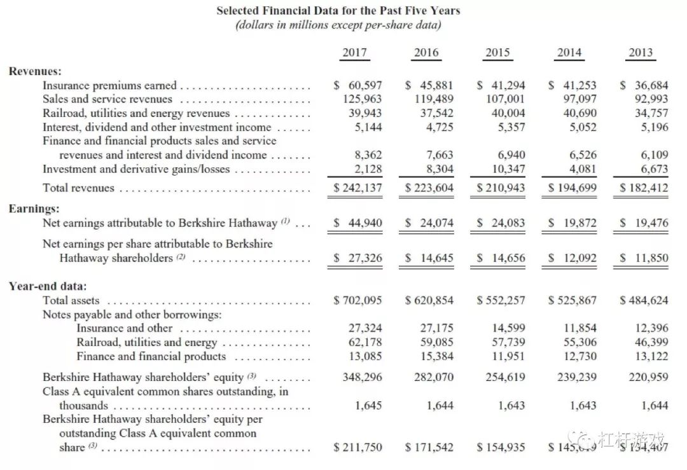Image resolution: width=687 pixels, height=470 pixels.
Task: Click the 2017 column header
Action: (x=354, y=53)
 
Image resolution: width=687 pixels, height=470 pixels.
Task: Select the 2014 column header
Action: (x=569, y=53)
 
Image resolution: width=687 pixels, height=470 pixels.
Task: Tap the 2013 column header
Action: (x=641, y=53)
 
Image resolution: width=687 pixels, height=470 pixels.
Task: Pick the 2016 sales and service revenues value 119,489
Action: (x=430, y=99)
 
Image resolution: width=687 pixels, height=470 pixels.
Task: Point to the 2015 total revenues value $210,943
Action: (x=501, y=188)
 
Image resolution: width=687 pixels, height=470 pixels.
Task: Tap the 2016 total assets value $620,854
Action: (x=429, y=300)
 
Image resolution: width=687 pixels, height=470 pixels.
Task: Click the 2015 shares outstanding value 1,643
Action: (x=512, y=405)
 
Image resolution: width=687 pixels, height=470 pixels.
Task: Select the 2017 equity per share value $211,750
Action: (x=358, y=448)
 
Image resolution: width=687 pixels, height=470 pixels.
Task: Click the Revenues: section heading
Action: (x=35, y=71)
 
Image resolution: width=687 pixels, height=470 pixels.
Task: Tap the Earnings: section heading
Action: (x=34, y=209)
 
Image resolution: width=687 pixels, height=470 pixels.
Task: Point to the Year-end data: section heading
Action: (x=48, y=286)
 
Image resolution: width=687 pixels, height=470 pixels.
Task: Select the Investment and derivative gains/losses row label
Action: (x=136, y=169)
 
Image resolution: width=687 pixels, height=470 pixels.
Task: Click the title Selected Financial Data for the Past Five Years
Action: (x=338, y=11)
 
